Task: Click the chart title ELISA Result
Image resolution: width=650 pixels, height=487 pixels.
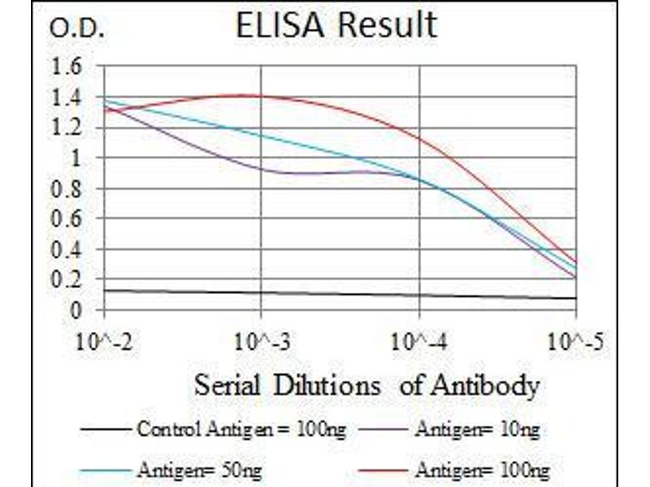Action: click(336, 26)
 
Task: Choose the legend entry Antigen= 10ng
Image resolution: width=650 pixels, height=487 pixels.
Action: click(476, 429)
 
